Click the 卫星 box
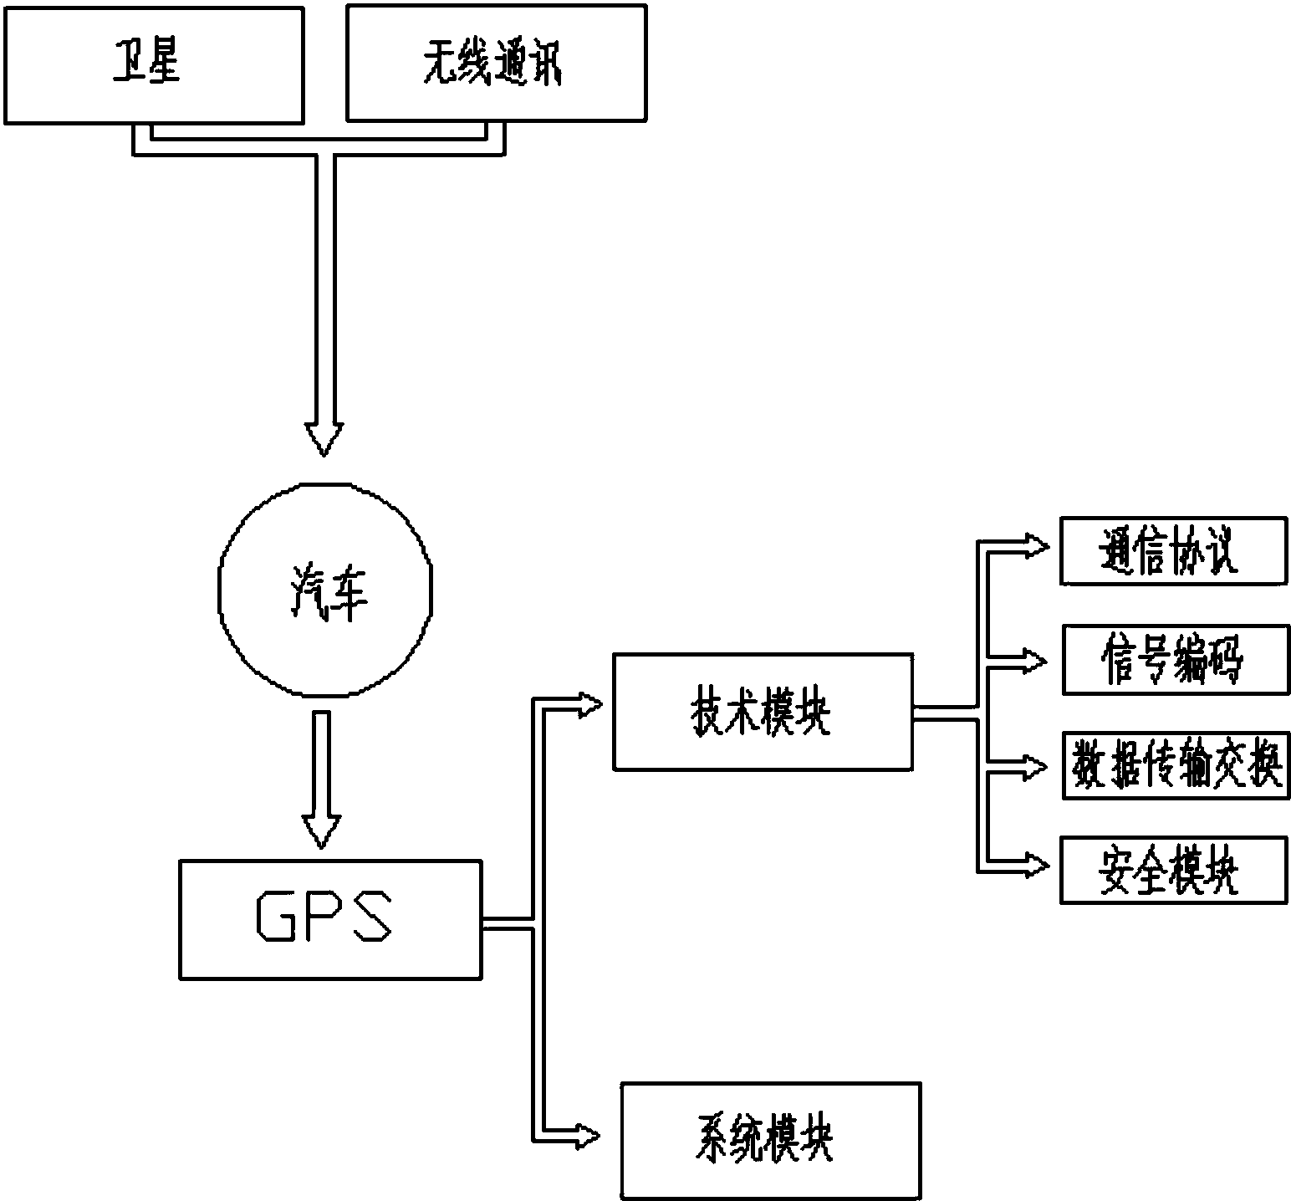pos(154,65)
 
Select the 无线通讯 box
pos(497,64)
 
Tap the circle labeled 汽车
pos(325,589)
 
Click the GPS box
pos(330,919)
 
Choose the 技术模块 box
pos(763,712)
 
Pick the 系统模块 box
pos(770,1141)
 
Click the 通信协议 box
pos(1173,550)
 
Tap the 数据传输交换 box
pos(1176,765)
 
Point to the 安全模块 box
pos(1173,869)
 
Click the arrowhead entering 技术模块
pos(589,706)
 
